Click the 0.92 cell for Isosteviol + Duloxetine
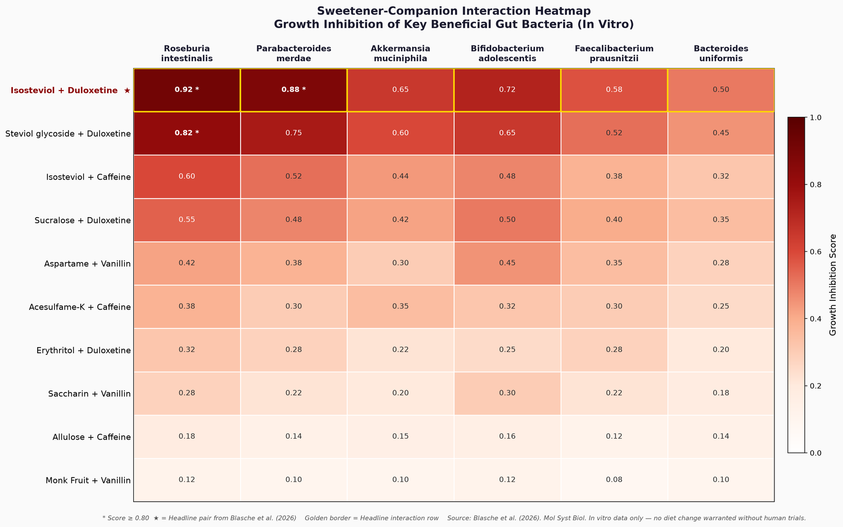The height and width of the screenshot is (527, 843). (x=187, y=90)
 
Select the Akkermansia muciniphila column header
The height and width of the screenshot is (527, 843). (x=400, y=53)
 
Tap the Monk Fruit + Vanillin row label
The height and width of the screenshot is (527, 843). (x=88, y=480)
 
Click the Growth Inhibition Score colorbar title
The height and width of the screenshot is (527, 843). (x=832, y=285)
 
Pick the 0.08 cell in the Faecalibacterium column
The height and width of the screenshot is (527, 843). (x=614, y=480)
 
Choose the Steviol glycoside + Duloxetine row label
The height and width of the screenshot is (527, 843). (x=68, y=134)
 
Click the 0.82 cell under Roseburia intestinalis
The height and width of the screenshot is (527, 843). (x=187, y=133)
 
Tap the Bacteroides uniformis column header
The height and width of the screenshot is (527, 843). (x=720, y=53)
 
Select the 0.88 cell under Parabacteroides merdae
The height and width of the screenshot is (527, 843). (x=293, y=90)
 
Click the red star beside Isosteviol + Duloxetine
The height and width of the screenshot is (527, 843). (x=127, y=91)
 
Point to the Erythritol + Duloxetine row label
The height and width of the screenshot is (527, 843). (x=84, y=350)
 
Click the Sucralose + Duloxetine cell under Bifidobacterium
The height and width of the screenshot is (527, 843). (x=507, y=220)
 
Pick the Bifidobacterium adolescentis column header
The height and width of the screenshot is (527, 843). (x=507, y=53)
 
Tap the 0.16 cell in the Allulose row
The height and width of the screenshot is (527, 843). (x=507, y=436)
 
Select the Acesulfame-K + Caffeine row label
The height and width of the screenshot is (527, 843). (x=80, y=307)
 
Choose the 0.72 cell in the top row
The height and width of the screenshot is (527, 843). (x=507, y=90)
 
